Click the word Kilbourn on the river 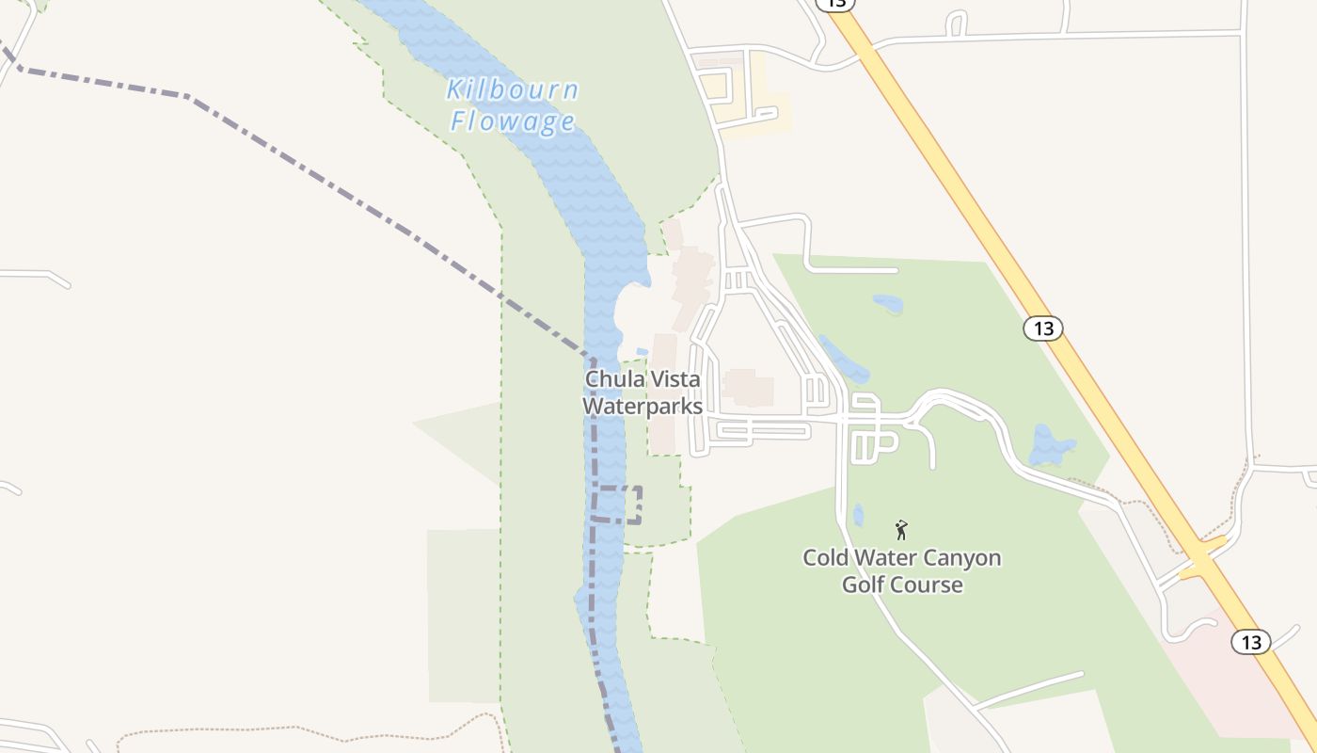[x=512, y=90]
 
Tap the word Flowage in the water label [x=513, y=121]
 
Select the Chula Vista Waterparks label [x=643, y=393]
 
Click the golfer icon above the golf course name [x=901, y=530]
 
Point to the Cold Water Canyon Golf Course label [x=901, y=570]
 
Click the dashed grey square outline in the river [x=617, y=505]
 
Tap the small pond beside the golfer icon [x=858, y=515]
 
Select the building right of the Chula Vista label [x=749, y=387]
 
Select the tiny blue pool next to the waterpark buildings [x=642, y=352]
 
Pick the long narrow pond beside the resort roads [x=841, y=359]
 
